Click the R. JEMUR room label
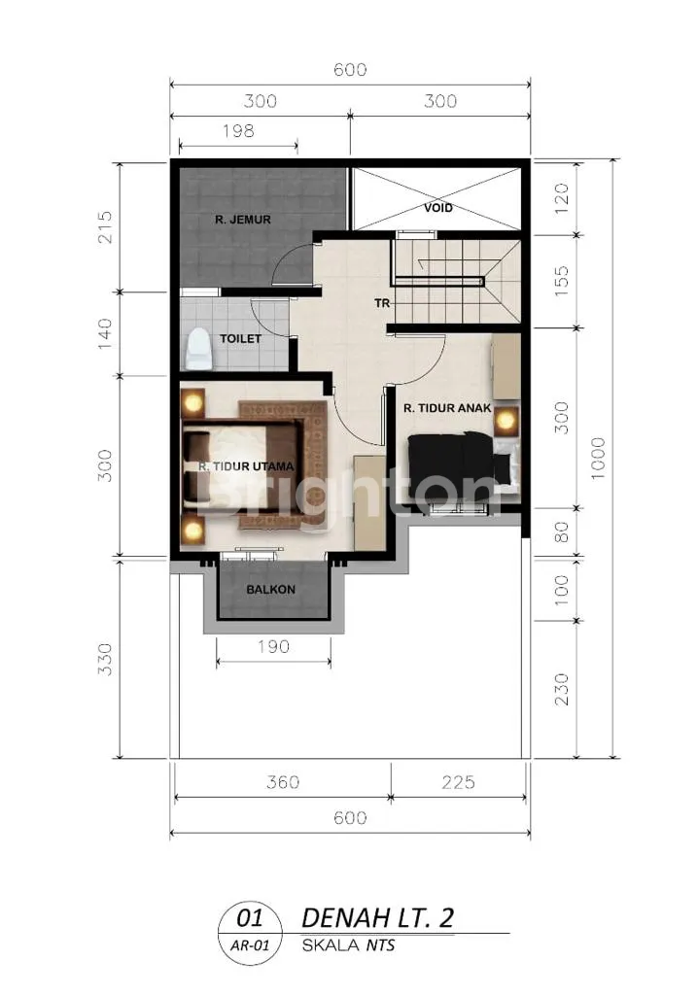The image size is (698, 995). pyautogui.click(x=243, y=221)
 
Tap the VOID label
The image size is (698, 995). pyautogui.click(x=438, y=208)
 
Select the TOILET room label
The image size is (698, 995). pyautogui.click(x=240, y=339)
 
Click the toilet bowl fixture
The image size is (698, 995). pyautogui.click(x=197, y=349)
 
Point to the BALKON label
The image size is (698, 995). pyautogui.click(x=270, y=590)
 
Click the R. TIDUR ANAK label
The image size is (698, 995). pyautogui.click(x=447, y=409)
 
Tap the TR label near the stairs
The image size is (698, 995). pyautogui.click(x=382, y=304)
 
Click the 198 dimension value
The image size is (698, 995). pyautogui.click(x=238, y=131)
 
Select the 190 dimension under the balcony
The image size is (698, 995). pyautogui.click(x=273, y=646)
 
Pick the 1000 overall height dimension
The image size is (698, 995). pyautogui.click(x=598, y=459)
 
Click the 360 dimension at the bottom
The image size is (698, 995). pyautogui.click(x=283, y=782)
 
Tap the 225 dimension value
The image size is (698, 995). pyautogui.click(x=458, y=782)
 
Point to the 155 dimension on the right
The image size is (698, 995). pyautogui.click(x=562, y=281)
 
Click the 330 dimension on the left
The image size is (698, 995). pyautogui.click(x=105, y=660)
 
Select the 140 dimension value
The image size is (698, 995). pyautogui.click(x=105, y=334)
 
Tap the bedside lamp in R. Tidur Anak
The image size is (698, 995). pyautogui.click(x=506, y=420)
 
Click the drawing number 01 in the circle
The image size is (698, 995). pyautogui.click(x=250, y=918)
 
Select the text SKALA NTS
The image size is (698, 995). pyautogui.click(x=349, y=945)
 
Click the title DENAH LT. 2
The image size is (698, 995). pyautogui.click(x=377, y=918)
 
